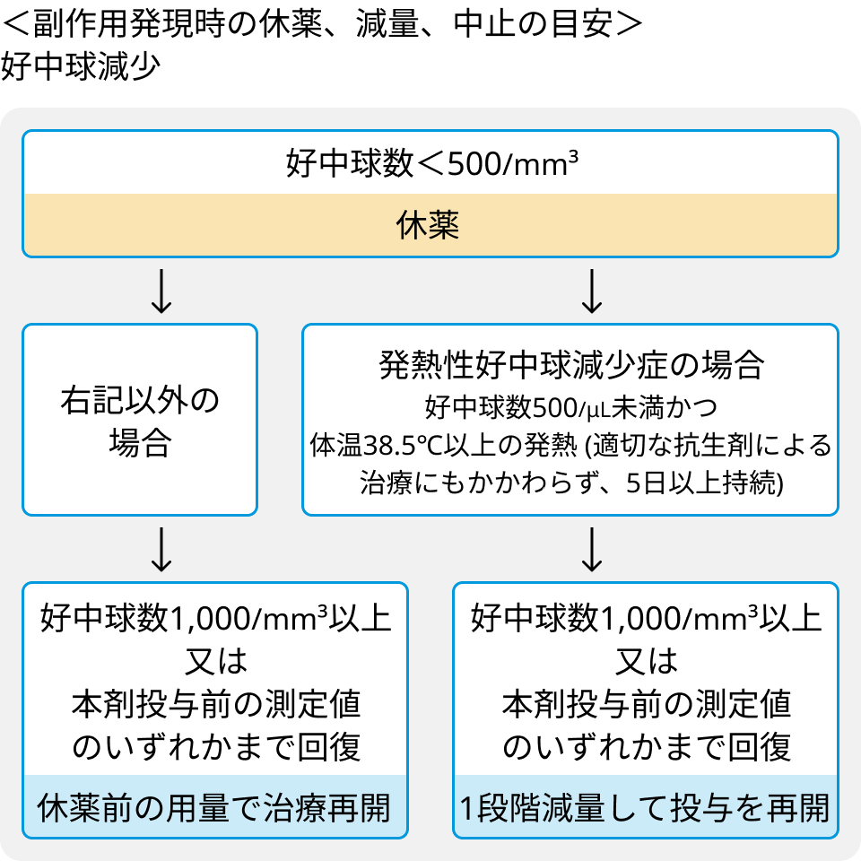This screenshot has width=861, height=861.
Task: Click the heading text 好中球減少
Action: (x=80, y=67)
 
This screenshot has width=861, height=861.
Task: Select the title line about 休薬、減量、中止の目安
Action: (x=322, y=24)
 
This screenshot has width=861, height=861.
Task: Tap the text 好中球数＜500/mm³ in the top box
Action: (x=431, y=163)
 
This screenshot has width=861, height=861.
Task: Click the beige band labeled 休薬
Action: (x=430, y=224)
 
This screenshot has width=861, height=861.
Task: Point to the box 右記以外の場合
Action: (x=140, y=420)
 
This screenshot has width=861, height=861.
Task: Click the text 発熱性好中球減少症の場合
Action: (x=571, y=365)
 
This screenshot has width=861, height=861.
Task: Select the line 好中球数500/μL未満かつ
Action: (x=571, y=407)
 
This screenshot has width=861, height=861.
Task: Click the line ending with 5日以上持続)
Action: (x=571, y=483)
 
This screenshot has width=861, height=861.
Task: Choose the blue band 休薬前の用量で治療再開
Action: (x=214, y=806)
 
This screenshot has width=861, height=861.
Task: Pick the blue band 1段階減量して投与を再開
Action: (x=646, y=806)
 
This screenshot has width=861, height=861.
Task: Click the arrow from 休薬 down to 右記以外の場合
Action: (x=161, y=291)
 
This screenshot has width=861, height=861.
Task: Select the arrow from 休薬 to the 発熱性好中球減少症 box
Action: (x=592, y=291)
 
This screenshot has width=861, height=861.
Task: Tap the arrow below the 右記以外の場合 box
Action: (x=161, y=549)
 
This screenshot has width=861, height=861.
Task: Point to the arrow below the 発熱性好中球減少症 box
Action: (x=592, y=549)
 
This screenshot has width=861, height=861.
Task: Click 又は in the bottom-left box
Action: (x=216, y=661)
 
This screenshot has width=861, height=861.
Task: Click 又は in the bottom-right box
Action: (x=647, y=661)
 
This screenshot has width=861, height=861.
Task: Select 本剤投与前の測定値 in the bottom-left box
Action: (x=216, y=704)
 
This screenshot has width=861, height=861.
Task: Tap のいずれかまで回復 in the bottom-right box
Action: (x=647, y=747)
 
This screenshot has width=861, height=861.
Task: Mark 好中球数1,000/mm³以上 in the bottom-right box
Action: (x=647, y=618)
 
